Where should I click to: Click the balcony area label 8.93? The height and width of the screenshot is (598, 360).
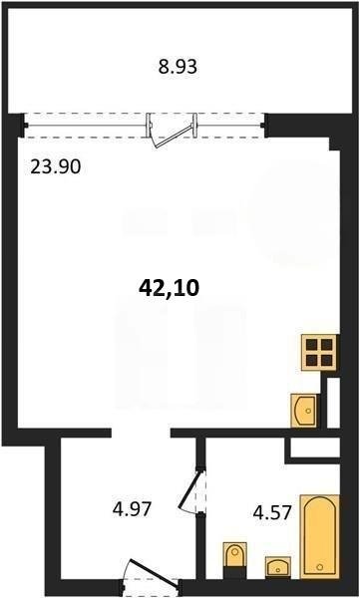(x=178, y=67)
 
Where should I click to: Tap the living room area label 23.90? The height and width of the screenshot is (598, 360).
(x=56, y=167)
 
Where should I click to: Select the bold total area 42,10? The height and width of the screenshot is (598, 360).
(x=169, y=288)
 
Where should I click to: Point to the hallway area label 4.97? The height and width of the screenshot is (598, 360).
(x=133, y=509)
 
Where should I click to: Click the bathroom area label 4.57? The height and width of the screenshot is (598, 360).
(x=273, y=513)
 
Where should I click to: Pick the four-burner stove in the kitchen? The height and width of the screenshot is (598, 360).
(x=320, y=353)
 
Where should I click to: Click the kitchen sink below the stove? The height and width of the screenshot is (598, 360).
(x=304, y=411)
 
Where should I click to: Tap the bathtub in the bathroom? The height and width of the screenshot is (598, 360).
(x=319, y=536)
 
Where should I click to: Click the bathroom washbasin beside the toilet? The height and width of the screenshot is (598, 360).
(x=278, y=567)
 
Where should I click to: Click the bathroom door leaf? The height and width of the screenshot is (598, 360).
(x=189, y=490)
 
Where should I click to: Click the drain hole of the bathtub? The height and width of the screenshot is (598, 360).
(x=320, y=567)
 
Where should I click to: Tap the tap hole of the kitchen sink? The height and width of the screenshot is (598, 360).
(x=309, y=411)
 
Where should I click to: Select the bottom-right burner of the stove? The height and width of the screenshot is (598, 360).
(x=327, y=360)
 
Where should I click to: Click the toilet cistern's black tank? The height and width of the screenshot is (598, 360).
(x=234, y=573)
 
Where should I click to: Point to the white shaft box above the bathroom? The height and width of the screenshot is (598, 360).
(x=315, y=448)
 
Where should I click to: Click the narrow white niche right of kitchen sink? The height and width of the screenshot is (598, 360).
(x=334, y=403)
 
